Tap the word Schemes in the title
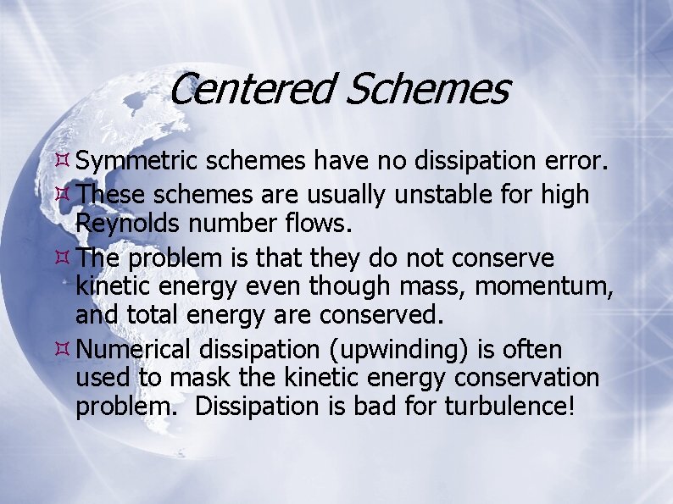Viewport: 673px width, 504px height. pyautogui.click(x=425, y=88)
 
